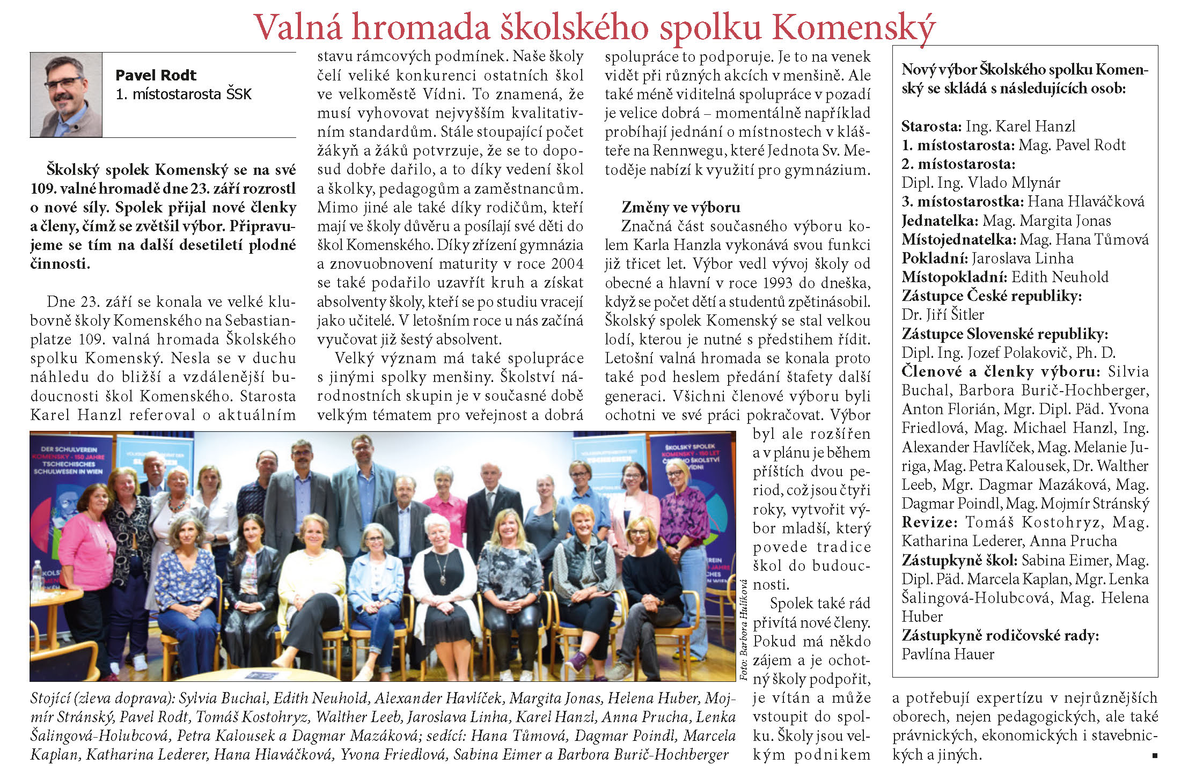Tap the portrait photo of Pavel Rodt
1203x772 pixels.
pyautogui.click(x=66, y=95)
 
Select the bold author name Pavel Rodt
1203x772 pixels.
pyautogui.click(x=156, y=75)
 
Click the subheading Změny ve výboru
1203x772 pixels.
pyautogui.click(x=680, y=207)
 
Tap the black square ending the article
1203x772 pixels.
pyautogui.click(x=1155, y=755)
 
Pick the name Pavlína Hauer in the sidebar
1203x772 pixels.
pyautogui.click(x=948, y=655)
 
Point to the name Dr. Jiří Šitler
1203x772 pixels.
pyautogui.click(x=943, y=315)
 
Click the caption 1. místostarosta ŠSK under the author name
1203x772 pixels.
pyautogui.click(x=184, y=94)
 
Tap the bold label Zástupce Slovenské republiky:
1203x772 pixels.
pyautogui.click(x=1004, y=334)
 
